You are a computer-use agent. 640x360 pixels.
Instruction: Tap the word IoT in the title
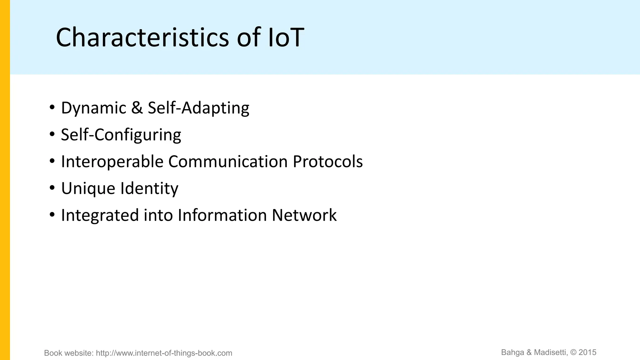(x=286, y=37)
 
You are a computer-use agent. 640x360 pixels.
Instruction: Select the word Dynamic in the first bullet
(x=93, y=108)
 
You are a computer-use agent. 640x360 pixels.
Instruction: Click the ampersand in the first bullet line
(x=137, y=108)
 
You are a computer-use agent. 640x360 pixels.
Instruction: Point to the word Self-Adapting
(x=198, y=108)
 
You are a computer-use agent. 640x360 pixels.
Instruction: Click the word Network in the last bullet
(x=304, y=216)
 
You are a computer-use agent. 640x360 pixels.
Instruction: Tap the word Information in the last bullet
(x=222, y=216)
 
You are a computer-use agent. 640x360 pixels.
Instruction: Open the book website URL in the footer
(x=164, y=353)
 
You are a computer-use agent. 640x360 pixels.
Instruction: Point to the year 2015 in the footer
(x=587, y=352)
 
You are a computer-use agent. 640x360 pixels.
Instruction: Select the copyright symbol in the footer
(x=573, y=352)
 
